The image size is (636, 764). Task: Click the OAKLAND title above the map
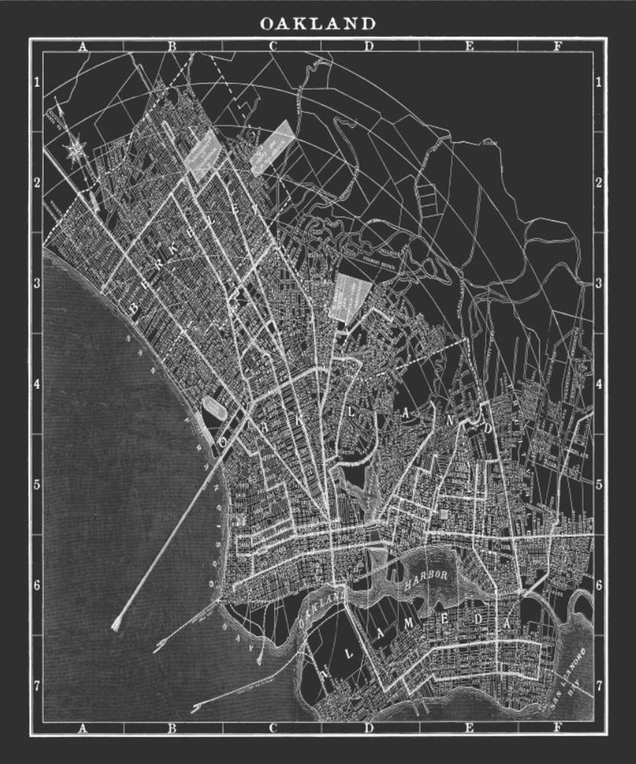[317, 23]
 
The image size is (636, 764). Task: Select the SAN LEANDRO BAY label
[567, 677]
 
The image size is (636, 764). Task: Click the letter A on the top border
[83, 47]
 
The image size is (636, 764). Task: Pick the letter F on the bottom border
[557, 728]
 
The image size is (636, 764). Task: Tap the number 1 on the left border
[37, 83]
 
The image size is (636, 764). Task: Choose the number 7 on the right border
[599, 685]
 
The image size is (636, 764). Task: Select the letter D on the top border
[369, 47]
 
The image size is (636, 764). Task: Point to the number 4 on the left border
[37, 384]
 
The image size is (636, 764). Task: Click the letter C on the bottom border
[273, 728]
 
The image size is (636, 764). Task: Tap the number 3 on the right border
[599, 284]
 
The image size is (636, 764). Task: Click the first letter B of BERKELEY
[135, 308]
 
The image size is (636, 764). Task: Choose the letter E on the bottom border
[469, 728]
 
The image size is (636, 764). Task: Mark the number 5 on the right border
[599, 484]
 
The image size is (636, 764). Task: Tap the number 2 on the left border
[37, 183]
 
